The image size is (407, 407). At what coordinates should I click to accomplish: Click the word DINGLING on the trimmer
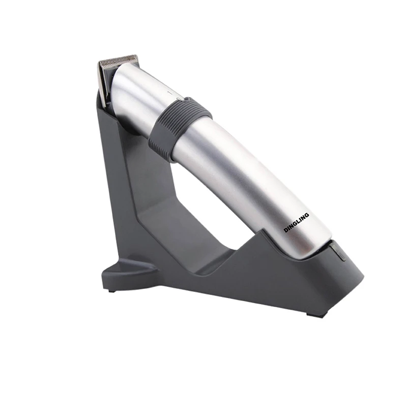[296, 222]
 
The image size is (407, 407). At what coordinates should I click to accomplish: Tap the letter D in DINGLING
[285, 230]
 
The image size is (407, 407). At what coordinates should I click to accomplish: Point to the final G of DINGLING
[307, 215]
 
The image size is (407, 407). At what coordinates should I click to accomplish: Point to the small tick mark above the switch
[170, 92]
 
